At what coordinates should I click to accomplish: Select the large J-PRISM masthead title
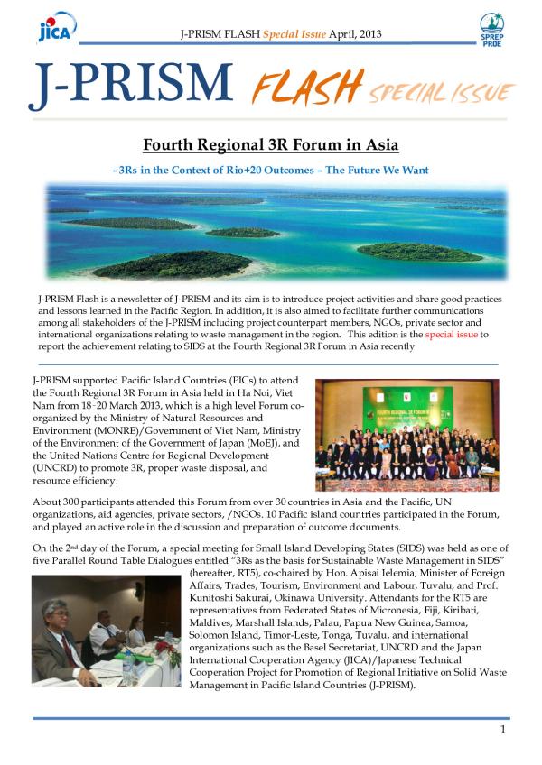[x=130, y=83]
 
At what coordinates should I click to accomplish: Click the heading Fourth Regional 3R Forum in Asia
[x=271, y=145]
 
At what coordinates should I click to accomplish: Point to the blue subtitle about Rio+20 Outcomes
[x=270, y=170]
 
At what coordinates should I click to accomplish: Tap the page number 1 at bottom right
[x=501, y=728]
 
